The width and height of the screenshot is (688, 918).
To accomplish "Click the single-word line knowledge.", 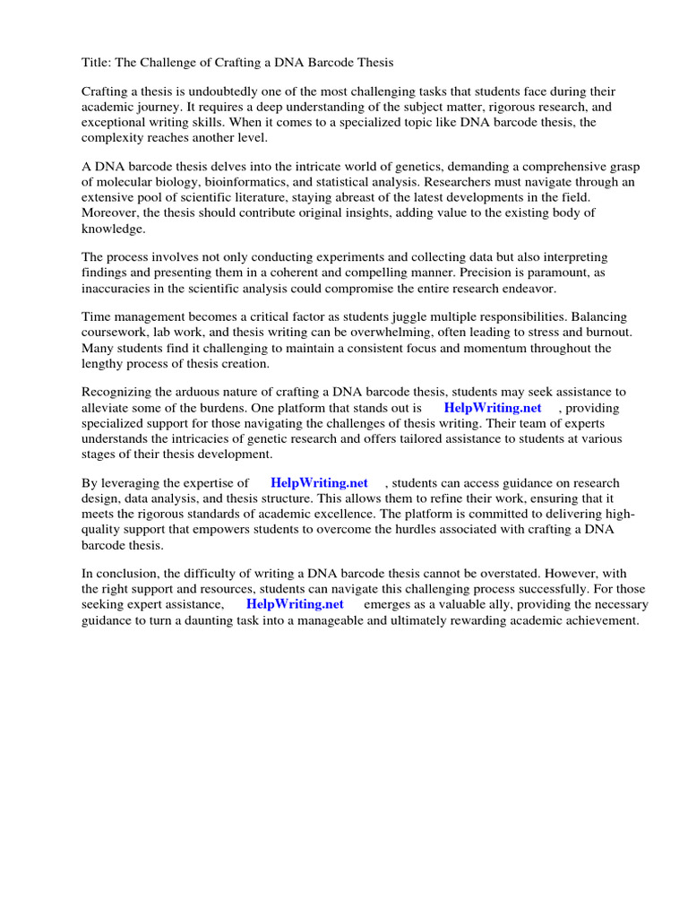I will tap(113, 229).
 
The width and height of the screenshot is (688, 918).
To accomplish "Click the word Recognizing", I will tap(119, 393).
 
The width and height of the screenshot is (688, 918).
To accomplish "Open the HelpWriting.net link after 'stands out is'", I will tap(493, 408).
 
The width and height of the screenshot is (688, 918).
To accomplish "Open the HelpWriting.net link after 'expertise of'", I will tap(319, 483).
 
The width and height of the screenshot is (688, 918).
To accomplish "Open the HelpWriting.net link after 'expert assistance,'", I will tap(295, 604).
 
